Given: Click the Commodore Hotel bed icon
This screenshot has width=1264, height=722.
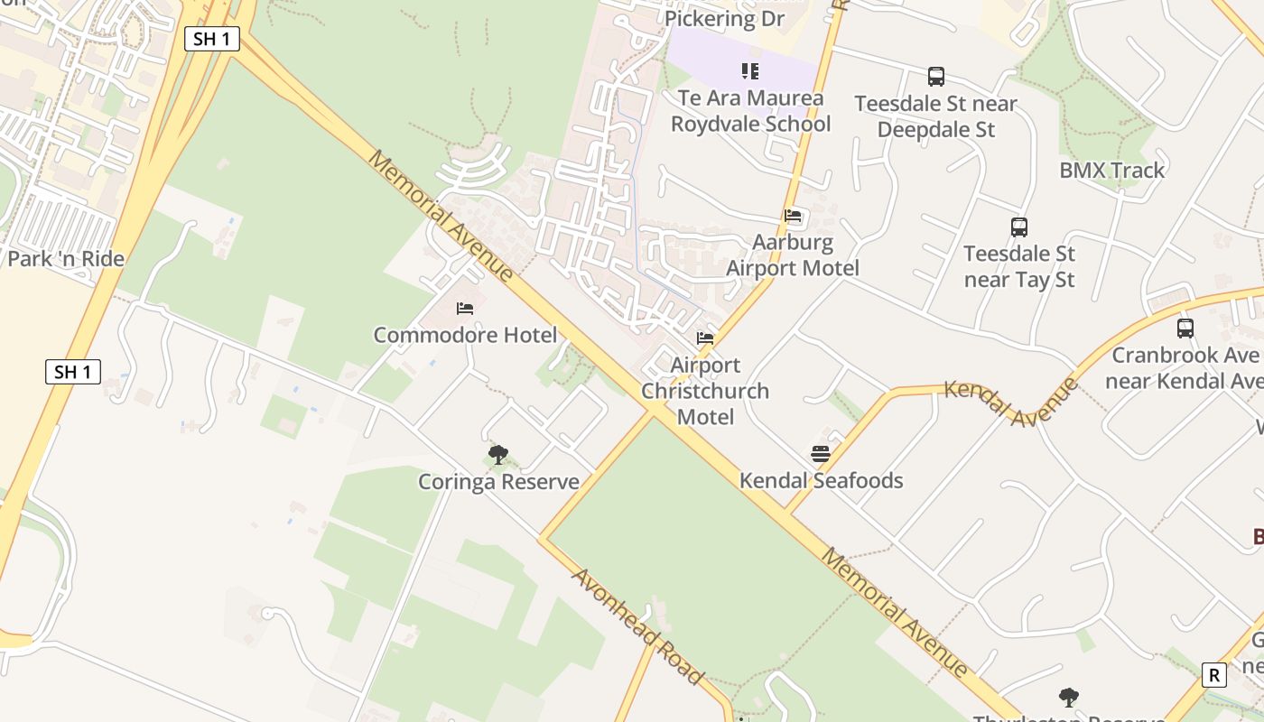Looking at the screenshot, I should pos(465,309).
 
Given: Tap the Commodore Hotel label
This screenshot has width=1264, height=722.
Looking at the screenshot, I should pos(465,336).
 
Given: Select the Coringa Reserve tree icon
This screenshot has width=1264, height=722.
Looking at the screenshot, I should pos(497,454).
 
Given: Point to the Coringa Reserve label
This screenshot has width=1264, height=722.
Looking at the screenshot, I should pos(498,482).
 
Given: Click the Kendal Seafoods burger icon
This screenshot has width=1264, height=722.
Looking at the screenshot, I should pos(820,454).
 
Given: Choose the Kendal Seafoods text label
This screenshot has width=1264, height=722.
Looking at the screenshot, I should pos(821,480).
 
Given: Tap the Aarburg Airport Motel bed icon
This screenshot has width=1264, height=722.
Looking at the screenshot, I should pos(793,216).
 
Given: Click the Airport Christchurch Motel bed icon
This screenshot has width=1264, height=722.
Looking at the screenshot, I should pos(705,338).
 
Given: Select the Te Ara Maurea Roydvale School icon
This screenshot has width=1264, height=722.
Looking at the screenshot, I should pos(749,70).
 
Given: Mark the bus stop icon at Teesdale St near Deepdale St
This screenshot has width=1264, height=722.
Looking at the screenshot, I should pos(936,77).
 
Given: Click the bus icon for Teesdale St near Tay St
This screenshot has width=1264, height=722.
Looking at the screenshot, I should pos(1019,227).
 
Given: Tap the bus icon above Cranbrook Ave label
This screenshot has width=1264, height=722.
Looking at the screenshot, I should pos(1185,329).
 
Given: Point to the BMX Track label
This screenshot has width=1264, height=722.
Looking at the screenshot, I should pos(1111,170).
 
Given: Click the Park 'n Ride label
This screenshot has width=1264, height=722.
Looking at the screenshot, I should pos(66,259).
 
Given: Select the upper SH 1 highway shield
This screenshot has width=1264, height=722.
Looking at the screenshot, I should pos(211,39).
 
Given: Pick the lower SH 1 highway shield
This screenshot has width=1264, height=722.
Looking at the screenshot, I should pos(73,372).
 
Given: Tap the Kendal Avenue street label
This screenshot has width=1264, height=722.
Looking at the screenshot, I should pos(1011,403).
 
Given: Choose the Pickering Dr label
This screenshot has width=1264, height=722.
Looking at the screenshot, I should pos(724,18).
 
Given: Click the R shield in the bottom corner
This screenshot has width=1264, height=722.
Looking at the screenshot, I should pos(1214,675).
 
